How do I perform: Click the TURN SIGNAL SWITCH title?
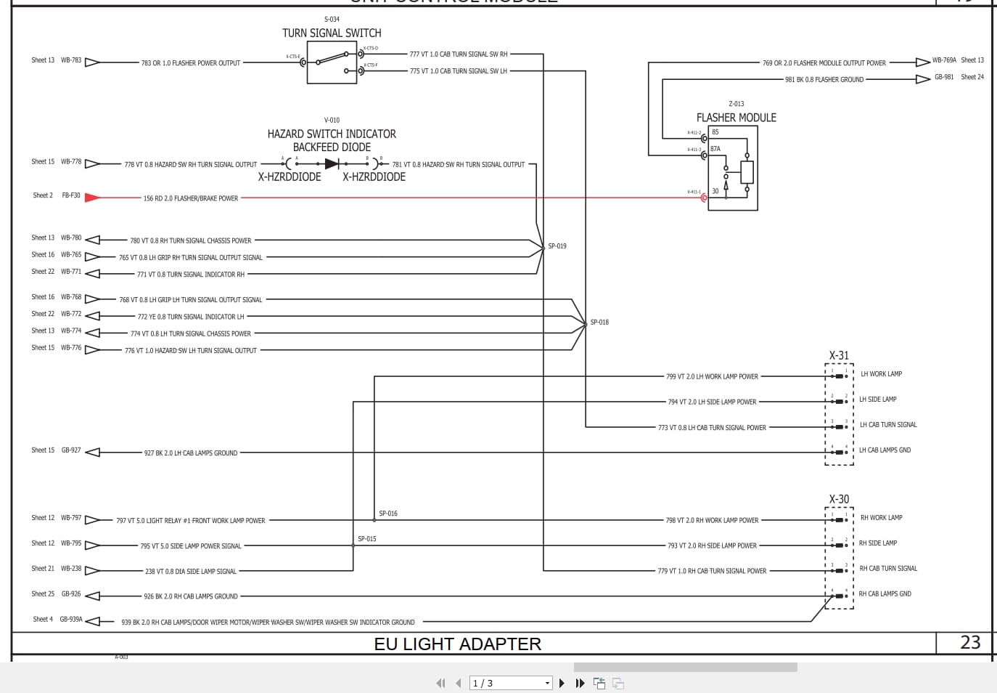point(332,33)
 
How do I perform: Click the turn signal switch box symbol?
point(332,62)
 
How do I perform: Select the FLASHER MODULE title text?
point(736,118)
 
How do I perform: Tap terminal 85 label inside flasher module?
point(715,132)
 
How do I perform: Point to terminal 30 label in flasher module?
point(715,192)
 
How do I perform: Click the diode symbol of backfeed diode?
point(332,164)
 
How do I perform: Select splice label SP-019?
point(557,246)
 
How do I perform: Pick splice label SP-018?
point(599,322)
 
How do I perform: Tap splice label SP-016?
point(388,514)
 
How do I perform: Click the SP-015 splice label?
point(367,539)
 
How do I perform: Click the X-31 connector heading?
point(839,356)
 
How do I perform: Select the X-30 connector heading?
point(839,500)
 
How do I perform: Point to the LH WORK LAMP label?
point(881,374)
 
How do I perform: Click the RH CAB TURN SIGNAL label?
point(888,569)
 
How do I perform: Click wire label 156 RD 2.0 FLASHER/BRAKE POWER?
point(191,198)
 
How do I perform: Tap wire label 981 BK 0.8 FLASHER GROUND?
point(824,80)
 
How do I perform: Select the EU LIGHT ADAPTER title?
point(458,644)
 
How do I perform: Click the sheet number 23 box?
point(970,643)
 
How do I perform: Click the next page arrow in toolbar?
point(562,684)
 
